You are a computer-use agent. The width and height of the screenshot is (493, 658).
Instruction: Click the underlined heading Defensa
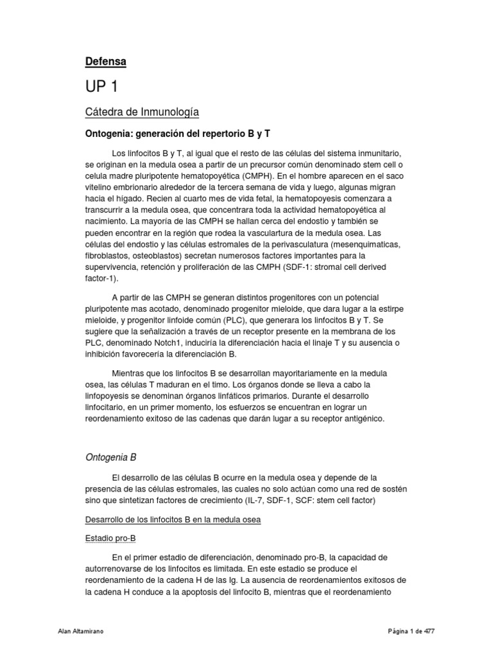106,61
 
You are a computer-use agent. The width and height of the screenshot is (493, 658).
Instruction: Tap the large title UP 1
101,87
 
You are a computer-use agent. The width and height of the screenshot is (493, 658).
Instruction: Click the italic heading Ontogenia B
111,458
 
